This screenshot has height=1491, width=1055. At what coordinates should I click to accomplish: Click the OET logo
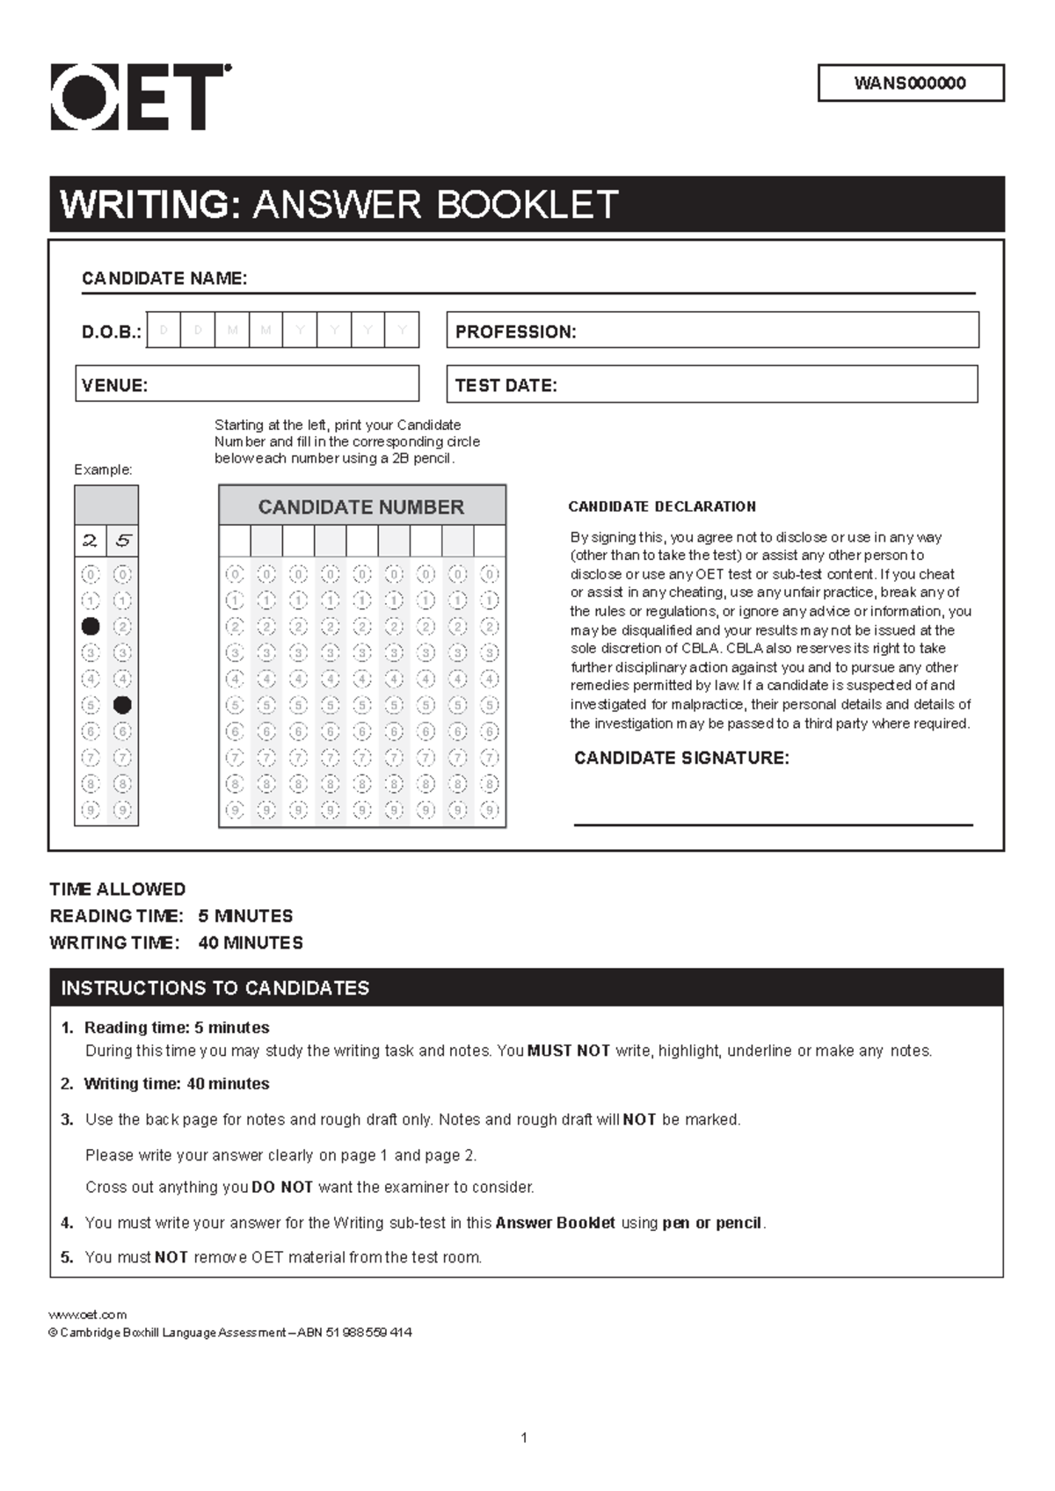point(141,97)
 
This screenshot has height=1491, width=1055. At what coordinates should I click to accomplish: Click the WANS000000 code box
point(910,84)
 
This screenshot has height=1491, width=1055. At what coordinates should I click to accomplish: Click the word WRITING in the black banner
point(149,205)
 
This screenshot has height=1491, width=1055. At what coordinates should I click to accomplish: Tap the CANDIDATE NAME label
point(164,279)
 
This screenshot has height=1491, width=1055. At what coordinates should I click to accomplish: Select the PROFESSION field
point(712,331)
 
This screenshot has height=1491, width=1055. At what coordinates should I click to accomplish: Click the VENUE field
point(247,385)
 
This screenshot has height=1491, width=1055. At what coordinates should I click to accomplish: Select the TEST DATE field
point(712,385)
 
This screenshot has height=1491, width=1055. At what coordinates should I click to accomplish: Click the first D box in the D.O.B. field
point(164,331)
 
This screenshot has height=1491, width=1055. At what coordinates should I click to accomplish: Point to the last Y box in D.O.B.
point(402,331)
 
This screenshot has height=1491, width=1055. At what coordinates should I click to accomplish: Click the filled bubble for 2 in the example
point(91,627)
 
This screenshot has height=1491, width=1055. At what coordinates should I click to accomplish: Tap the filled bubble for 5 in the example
point(122,705)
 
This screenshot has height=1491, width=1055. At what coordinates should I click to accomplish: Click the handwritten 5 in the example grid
point(122,541)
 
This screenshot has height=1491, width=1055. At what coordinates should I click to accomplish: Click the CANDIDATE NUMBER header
point(361,507)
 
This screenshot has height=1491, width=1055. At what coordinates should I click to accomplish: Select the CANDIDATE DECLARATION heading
point(662,506)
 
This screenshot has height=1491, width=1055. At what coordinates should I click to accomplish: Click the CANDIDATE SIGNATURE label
point(681,758)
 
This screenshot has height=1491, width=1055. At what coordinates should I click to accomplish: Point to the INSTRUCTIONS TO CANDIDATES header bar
point(526,988)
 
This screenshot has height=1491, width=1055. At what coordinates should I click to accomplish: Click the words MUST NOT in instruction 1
point(568,1051)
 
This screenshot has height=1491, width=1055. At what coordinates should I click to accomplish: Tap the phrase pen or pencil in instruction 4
point(713,1223)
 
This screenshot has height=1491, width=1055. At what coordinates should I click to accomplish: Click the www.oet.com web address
point(88,1315)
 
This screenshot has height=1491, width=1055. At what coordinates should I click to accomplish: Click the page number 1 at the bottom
point(524,1438)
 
